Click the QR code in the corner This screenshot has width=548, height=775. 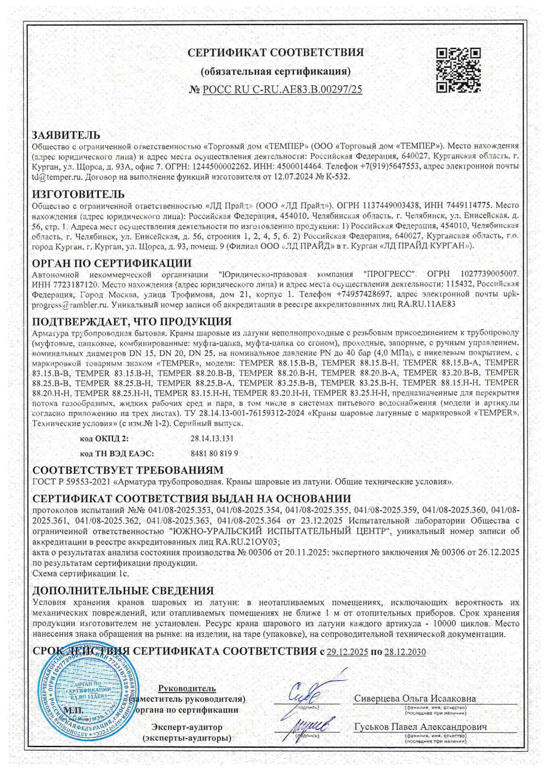[x=459, y=70]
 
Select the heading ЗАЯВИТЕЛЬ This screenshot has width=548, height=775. [x=66, y=135]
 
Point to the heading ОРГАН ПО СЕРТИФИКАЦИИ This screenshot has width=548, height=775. [x=112, y=263]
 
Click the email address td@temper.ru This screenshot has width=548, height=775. [x=57, y=176]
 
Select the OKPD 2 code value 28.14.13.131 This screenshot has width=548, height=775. [x=212, y=438]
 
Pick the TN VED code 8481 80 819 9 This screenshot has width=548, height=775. [x=214, y=453]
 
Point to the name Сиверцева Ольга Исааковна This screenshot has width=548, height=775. [x=415, y=698]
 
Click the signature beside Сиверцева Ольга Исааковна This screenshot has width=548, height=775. [x=309, y=694]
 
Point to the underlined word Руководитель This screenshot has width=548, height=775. [x=187, y=688]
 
